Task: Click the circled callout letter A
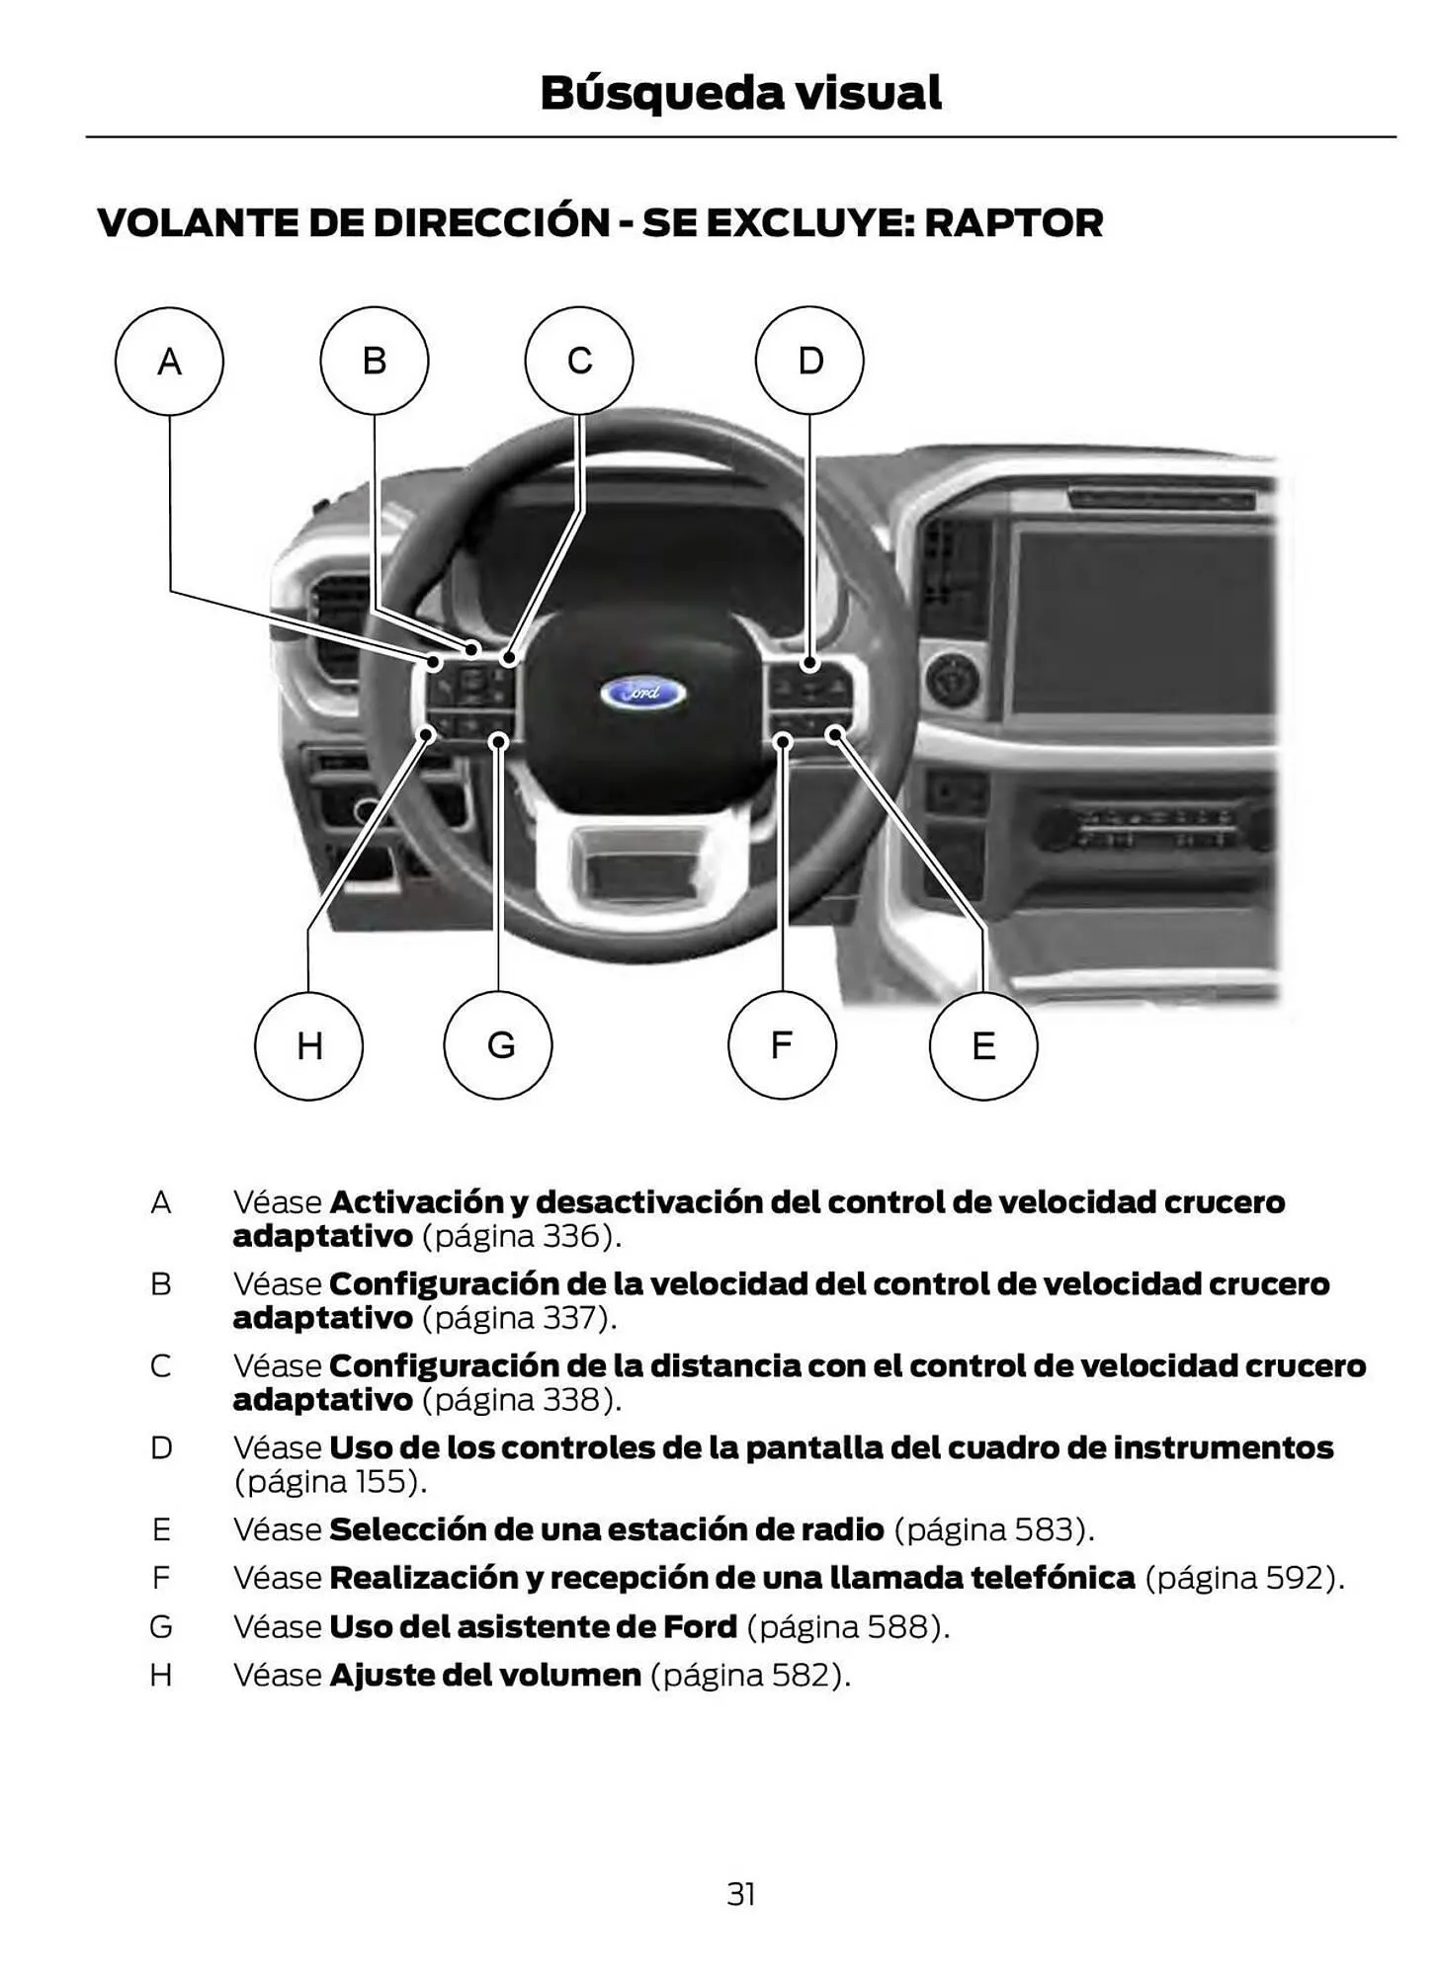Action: [169, 362]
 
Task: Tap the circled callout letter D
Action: [809, 361]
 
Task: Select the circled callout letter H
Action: [308, 1045]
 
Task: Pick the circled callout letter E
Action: [983, 1046]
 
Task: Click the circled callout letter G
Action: [499, 1045]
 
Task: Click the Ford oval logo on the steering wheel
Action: [643, 693]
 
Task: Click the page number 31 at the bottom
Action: [741, 1894]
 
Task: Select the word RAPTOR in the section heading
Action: [1013, 223]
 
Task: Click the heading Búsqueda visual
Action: [740, 93]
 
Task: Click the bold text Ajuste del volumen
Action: [485, 1676]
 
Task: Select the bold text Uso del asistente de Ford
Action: [533, 1626]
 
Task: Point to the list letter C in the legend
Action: [161, 1366]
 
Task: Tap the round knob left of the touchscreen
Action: [953, 680]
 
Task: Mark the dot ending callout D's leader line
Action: [809, 664]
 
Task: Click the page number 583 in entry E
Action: [1044, 1529]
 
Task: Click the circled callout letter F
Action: [782, 1044]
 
